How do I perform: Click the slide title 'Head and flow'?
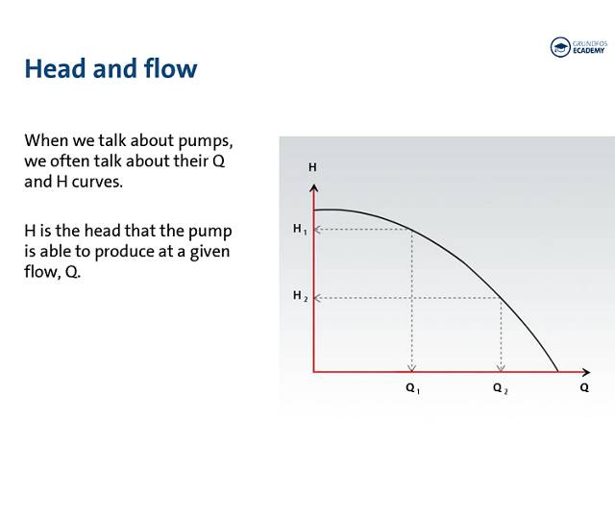[111, 69]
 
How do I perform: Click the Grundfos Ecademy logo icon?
[560, 47]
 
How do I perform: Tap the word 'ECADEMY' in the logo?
[590, 53]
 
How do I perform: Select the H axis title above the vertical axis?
[312, 167]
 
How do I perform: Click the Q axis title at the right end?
[584, 388]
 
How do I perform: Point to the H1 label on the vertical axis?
[300, 229]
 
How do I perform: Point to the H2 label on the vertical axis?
[300, 296]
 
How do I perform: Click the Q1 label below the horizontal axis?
[412, 388]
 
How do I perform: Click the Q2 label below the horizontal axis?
[500, 388]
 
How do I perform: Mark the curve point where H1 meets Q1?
[412, 230]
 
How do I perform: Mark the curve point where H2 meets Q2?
[500, 298]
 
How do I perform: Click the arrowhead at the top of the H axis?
[313, 185]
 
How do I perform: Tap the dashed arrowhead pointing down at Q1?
[412, 366]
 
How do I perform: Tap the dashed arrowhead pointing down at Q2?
[500, 366]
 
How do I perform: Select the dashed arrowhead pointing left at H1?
[319, 230]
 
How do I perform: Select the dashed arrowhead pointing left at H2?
[319, 298]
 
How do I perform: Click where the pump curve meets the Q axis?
[558, 370]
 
